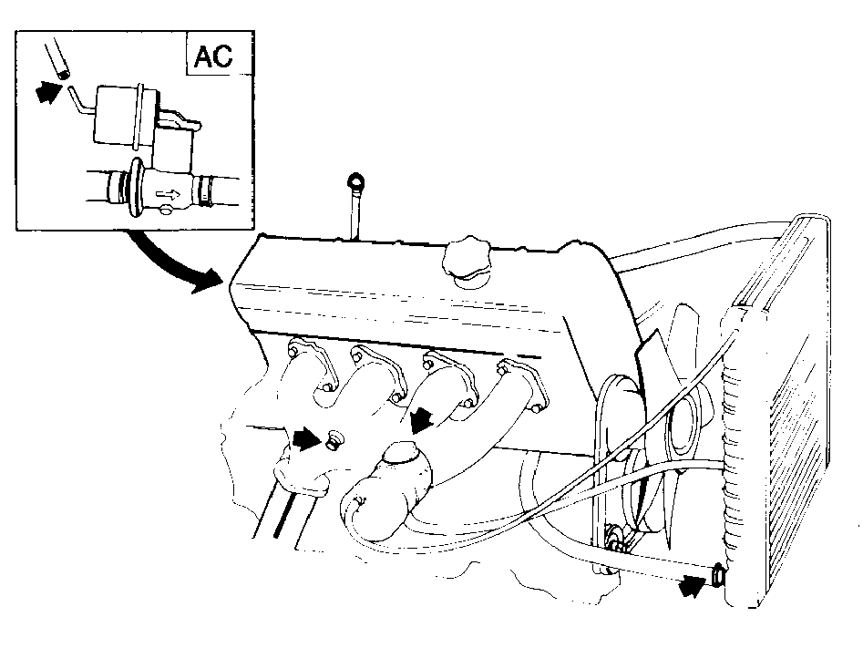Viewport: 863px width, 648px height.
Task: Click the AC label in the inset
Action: pyautogui.click(x=213, y=56)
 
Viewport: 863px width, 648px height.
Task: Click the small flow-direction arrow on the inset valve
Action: pyautogui.click(x=169, y=194)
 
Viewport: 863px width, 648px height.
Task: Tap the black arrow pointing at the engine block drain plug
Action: pyautogui.click(x=308, y=438)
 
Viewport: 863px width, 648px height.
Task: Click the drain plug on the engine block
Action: pyautogui.click(x=334, y=440)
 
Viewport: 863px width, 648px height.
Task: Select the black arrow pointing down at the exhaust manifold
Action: pyautogui.click(x=421, y=419)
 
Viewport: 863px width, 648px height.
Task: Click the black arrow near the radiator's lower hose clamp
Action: pyautogui.click(x=692, y=586)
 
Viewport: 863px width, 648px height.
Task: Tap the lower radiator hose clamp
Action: pyautogui.click(x=718, y=575)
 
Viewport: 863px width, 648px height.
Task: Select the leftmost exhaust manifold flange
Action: pyautogui.click(x=311, y=365)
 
